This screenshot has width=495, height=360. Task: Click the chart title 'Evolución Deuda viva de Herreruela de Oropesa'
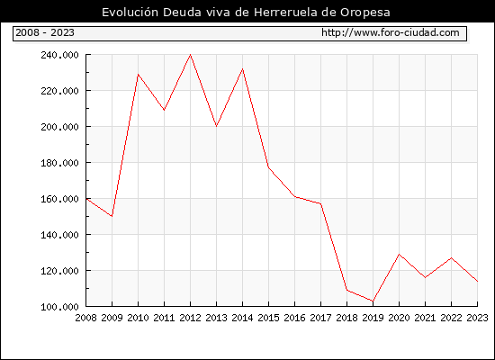pyautogui.click(x=246, y=13)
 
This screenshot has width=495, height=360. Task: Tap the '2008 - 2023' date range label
pyautogui.click(x=45, y=32)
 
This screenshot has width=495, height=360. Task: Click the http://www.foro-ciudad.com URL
pyautogui.click(x=391, y=32)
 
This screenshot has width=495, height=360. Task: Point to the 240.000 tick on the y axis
pyautogui.click(x=59, y=55)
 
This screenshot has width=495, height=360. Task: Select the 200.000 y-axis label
pyautogui.click(x=59, y=127)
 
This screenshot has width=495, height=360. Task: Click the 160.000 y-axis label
pyautogui.click(x=59, y=199)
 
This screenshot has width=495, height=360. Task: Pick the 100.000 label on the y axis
pyautogui.click(x=59, y=307)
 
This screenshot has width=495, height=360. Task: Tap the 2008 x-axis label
pyautogui.click(x=85, y=318)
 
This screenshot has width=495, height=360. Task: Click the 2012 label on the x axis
pyautogui.click(x=191, y=318)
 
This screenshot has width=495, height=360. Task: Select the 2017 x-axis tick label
pyautogui.click(x=320, y=318)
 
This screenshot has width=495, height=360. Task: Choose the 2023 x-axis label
pyautogui.click(x=477, y=318)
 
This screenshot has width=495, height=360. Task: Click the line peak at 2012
pyautogui.click(x=191, y=55)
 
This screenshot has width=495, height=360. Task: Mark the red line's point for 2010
pyautogui.click(x=138, y=74)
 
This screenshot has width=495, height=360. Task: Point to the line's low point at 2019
pyautogui.click(x=373, y=301)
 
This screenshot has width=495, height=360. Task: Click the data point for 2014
pyautogui.click(x=242, y=68)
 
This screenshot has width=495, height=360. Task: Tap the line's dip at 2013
pyautogui.click(x=216, y=126)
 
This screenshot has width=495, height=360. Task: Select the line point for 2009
pyautogui.click(x=112, y=216)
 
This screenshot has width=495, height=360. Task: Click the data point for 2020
pyautogui.click(x=399, y=254)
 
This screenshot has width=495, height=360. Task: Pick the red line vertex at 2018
pyautogui.click(x=346, y=290)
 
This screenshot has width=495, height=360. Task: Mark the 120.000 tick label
pyautogui.click(x=59, y=271)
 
